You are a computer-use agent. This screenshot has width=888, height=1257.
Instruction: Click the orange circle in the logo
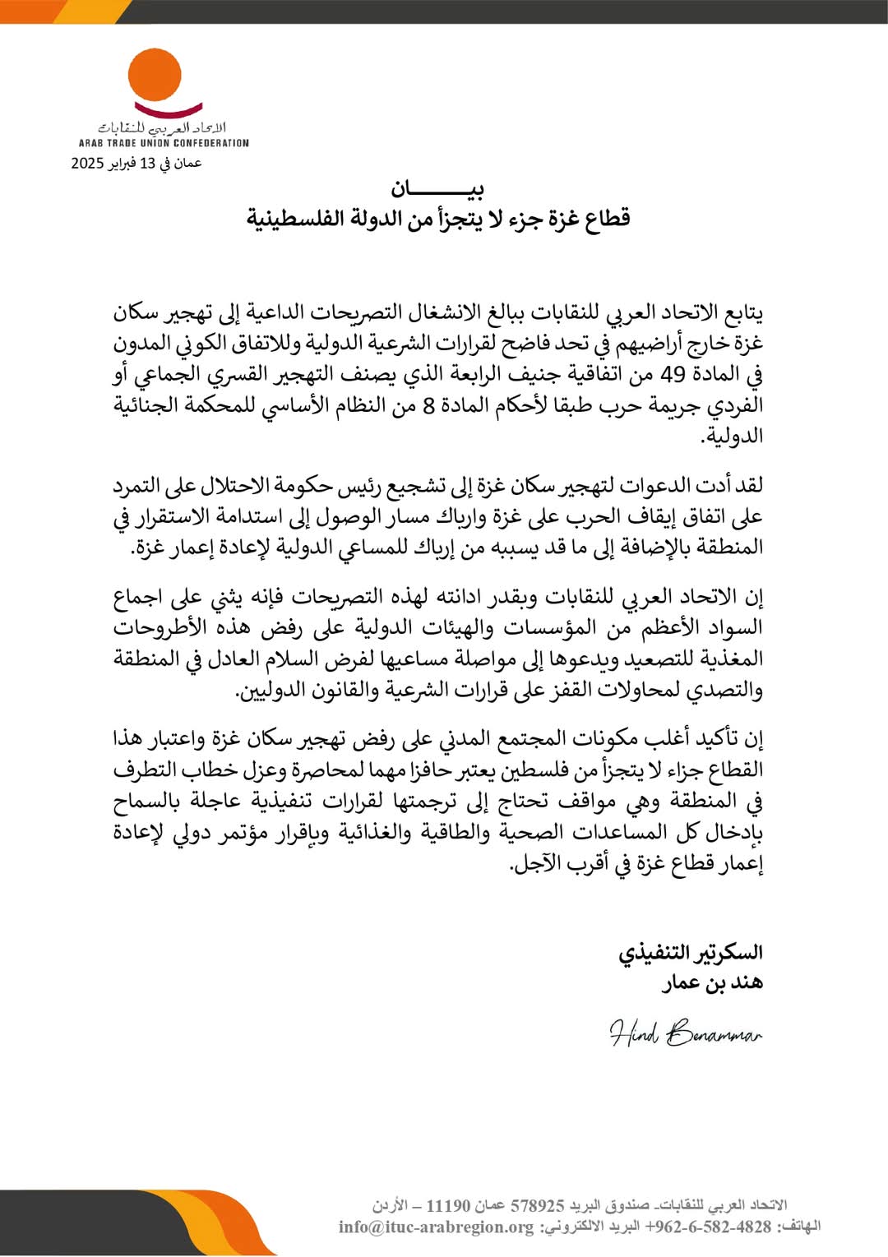(155, 75)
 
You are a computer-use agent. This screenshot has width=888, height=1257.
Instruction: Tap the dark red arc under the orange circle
(168, 109)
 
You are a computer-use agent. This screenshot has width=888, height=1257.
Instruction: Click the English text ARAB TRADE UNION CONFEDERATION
(164, 143)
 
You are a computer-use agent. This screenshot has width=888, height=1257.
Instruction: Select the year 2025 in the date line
(87, 163)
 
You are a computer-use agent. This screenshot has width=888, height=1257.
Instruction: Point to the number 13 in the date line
(147, 163)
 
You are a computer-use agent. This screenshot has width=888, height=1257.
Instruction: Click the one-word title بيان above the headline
(437, 189)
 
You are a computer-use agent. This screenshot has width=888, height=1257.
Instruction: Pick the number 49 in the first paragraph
(673, 375)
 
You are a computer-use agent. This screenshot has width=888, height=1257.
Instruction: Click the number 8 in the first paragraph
(428, 406)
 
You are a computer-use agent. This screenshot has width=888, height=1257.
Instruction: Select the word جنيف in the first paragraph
(508, 375)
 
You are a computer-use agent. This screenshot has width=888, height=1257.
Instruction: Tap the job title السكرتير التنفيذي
(691, 952)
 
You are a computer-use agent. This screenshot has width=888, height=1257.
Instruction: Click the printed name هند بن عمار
(713, 982)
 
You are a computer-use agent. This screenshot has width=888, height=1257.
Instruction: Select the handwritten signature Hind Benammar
(686, 1033)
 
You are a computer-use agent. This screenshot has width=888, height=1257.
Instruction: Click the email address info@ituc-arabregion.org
(437, 1227)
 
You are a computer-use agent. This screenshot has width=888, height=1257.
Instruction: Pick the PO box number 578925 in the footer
(539, 1206)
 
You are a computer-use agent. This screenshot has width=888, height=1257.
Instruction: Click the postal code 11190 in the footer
(449, 1206)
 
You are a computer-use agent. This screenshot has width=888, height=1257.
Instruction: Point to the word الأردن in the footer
(390, 1206)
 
